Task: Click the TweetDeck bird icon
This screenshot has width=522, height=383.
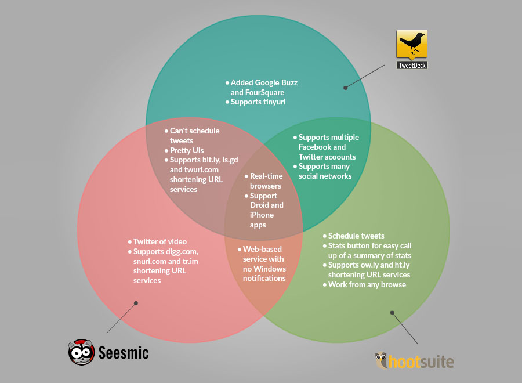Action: pos(412,45)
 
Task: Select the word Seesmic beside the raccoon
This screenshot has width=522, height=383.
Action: pos(123,352)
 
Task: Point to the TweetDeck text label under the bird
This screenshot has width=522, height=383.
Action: pos(412,65)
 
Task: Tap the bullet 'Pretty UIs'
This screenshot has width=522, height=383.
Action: pos(187,150)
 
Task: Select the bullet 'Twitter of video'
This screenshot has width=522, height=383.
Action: pos(160,241)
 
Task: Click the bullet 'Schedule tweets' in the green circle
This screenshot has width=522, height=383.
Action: pos(356,236)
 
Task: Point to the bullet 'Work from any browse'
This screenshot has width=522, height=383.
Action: pos(367,284)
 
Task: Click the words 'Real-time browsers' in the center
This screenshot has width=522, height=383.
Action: pos(266,180)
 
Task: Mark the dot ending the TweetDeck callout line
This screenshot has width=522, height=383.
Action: pos(345,88)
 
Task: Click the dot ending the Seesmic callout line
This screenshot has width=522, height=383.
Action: pos(136,302)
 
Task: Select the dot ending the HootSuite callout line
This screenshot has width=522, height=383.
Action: pos(392,312)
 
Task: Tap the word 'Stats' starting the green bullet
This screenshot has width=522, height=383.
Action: pos(338,245)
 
